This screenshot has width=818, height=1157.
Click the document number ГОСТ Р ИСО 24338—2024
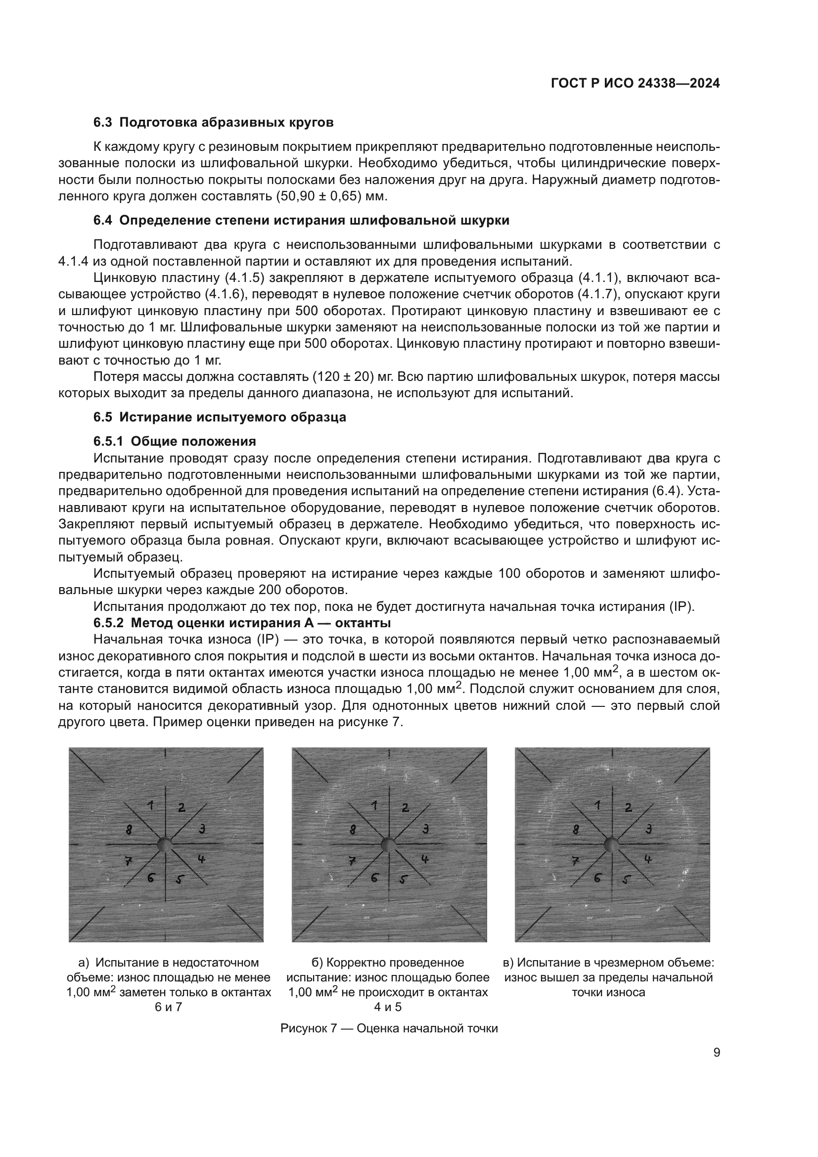pyautogui.click(x=636, y=84)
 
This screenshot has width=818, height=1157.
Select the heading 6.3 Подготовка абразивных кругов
pyautogui.click(x=213, y=123)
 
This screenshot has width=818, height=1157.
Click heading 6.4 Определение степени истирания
pyautogui.click(x=301, y=220)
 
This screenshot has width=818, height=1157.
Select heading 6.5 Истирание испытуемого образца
pyautogui.click(x=220, y=417)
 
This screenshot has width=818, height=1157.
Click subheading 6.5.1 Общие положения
pyautogui.click(x=174, y=441)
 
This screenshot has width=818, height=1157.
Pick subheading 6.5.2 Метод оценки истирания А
pyautogui.click(x=242, y=623)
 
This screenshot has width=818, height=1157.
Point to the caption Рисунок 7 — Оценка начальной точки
pyautogui.click(x=389, y=1028)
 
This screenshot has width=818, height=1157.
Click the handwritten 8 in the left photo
pyautogui.click(x=130, y=829)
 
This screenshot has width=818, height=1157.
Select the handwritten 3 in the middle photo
pyautogui.click(x=426, y=828)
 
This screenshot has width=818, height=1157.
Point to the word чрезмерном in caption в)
pyautogui.click(x=626, y=963)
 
